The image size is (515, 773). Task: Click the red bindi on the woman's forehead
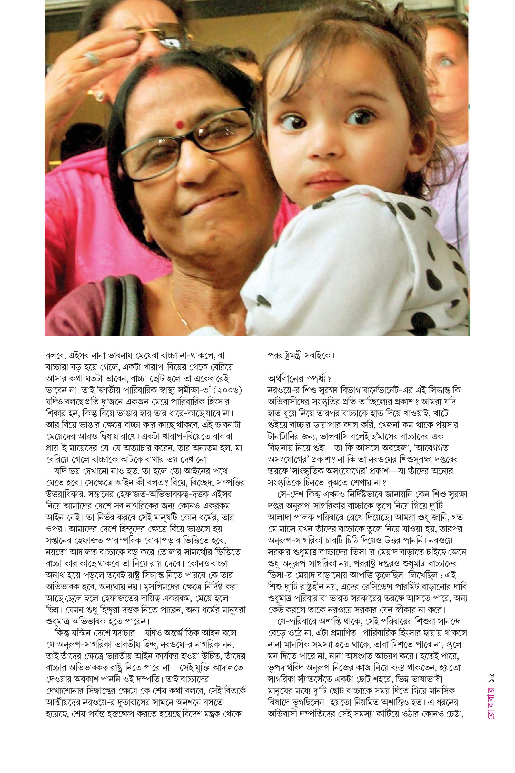179,124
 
